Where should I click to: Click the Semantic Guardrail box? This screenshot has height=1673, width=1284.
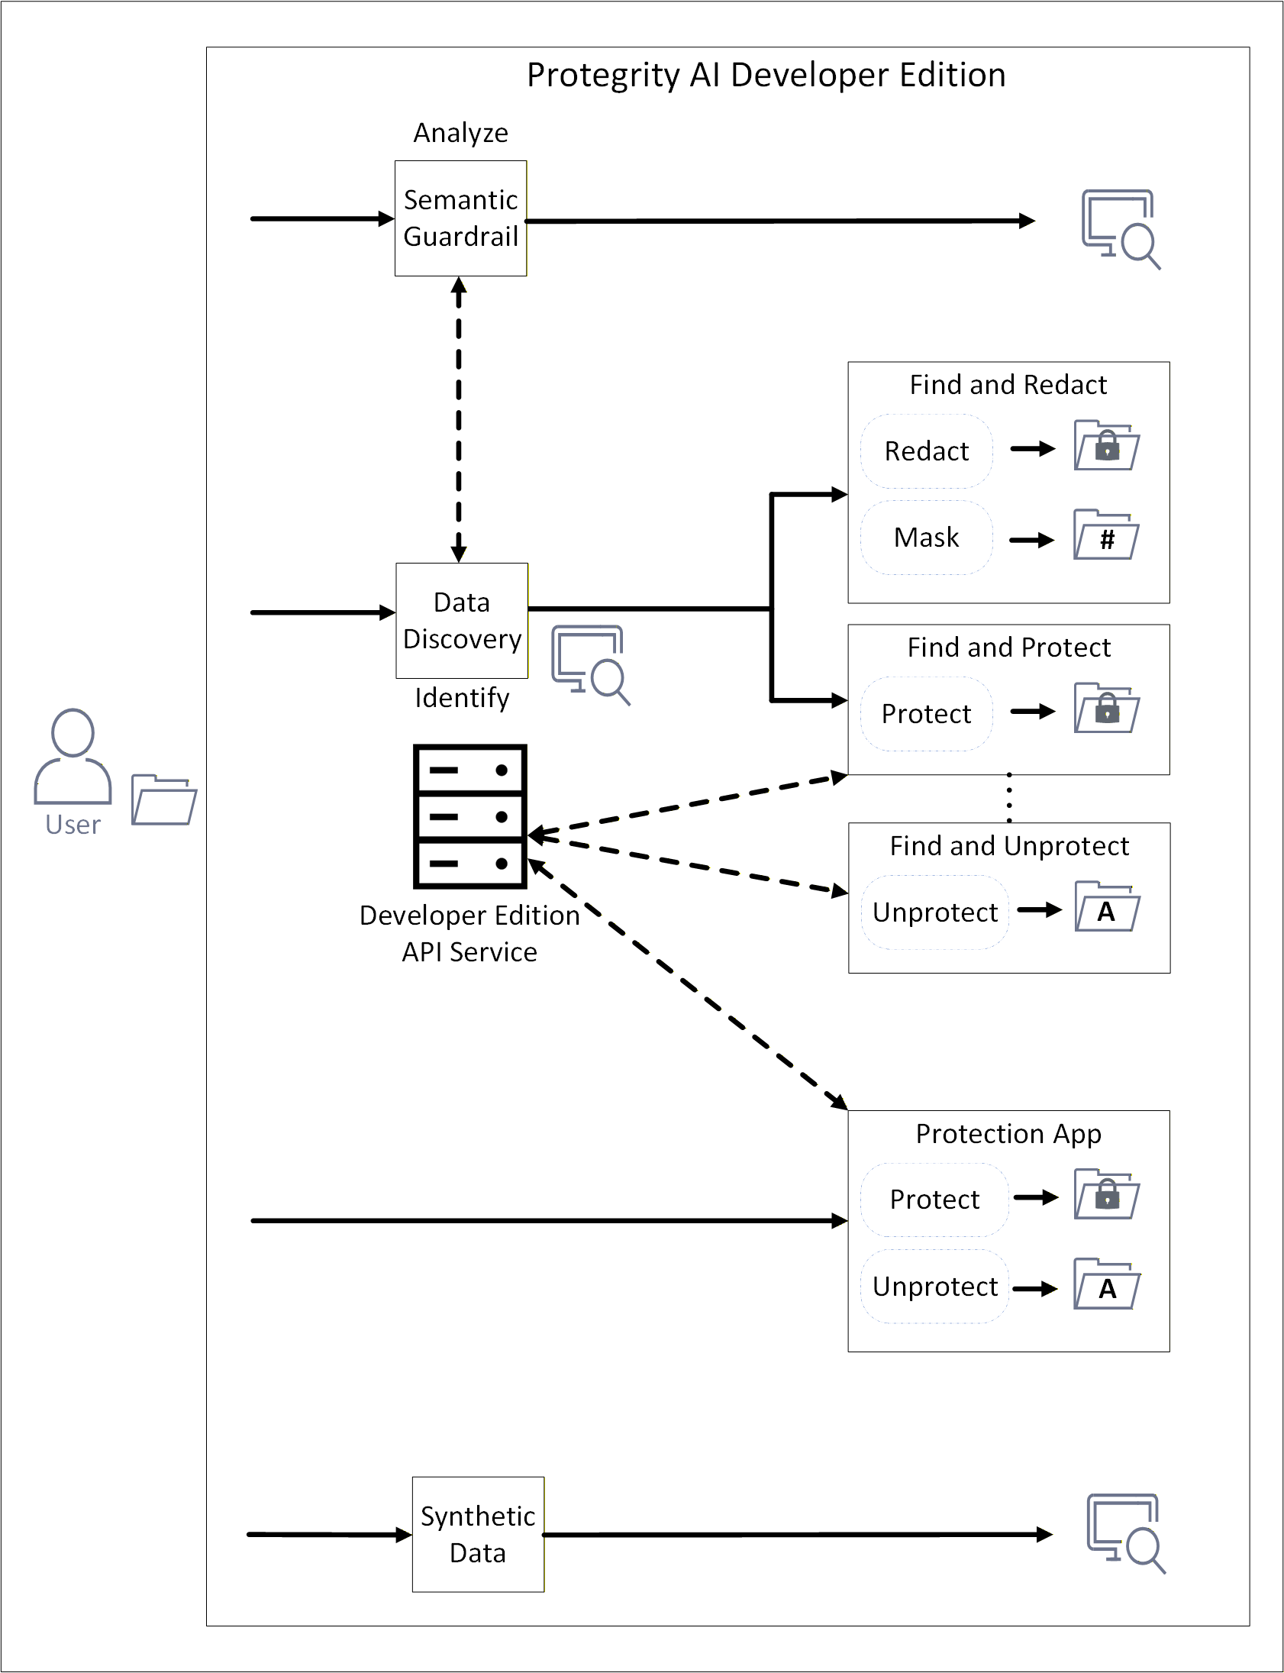click(460, 218)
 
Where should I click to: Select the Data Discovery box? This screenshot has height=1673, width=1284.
click(462, 621)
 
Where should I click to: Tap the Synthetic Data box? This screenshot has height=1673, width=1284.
click(478, 1534)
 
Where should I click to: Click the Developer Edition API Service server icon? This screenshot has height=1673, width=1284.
click(470, 816)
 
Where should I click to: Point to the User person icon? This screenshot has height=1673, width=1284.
click(73, 756)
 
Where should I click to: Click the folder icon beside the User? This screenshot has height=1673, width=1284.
click(163, 800)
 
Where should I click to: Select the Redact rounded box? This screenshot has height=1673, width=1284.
click(926, 451)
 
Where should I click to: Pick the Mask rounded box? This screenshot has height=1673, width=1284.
click(926, 538)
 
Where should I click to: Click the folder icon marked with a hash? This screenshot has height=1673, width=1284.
click(1106, 535)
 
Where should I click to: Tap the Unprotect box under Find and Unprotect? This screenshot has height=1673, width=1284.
click(934, 912)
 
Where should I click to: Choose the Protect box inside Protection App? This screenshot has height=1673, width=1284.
click(934, 1199)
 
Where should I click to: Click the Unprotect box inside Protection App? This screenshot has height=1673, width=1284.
click(934, 1287)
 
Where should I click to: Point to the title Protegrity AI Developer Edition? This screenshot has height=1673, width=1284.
click(766, 75)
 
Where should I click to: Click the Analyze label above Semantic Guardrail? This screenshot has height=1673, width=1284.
click(461, 133)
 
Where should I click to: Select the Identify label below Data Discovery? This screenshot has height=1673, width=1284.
click(462, 698)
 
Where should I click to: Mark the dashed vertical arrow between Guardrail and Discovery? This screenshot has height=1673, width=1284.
click(459, 420)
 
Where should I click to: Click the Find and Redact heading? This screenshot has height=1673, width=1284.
click(1008, 384)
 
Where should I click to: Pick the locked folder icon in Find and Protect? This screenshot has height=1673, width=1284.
click(1106, 709)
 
